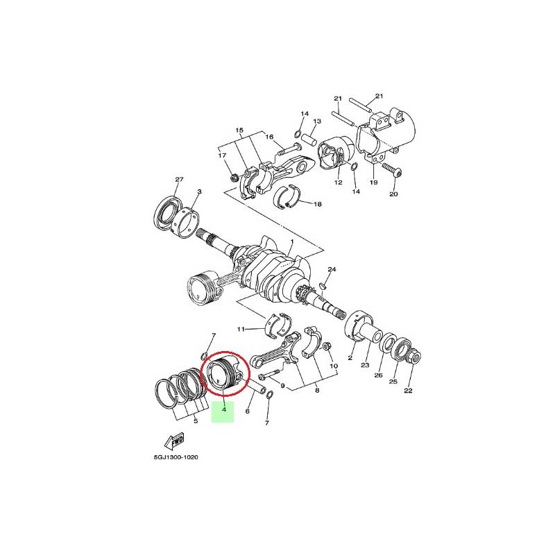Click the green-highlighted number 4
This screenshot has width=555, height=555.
223,409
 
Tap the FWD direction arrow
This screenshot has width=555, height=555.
175,441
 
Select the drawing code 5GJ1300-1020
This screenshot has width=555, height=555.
176,457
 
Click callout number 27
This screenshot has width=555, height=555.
180,179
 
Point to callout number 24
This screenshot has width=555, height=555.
332,269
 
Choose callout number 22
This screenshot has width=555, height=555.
408,391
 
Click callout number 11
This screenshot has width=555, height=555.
241,329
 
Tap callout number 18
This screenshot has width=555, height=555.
318,204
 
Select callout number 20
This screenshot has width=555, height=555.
393,194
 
